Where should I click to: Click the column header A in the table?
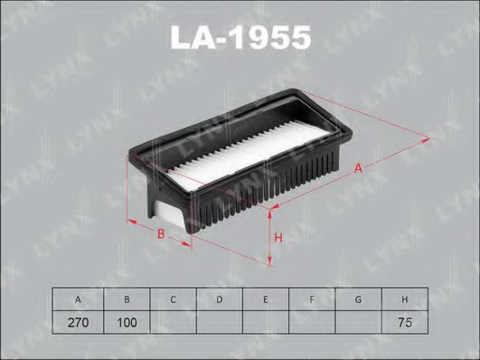[79, 298]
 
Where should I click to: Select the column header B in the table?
[126, 298]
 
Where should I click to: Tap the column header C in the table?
[173, 298]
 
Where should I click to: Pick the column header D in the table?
[220, 298]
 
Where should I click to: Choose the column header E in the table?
[267, 298]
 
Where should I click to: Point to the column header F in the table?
[313, 298]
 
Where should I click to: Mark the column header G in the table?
[360, 298]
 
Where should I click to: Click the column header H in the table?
[406, 298]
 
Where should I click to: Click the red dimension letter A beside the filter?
[359, 167]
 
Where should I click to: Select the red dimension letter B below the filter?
[162, 235]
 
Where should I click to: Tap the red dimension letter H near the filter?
[279, 237]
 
